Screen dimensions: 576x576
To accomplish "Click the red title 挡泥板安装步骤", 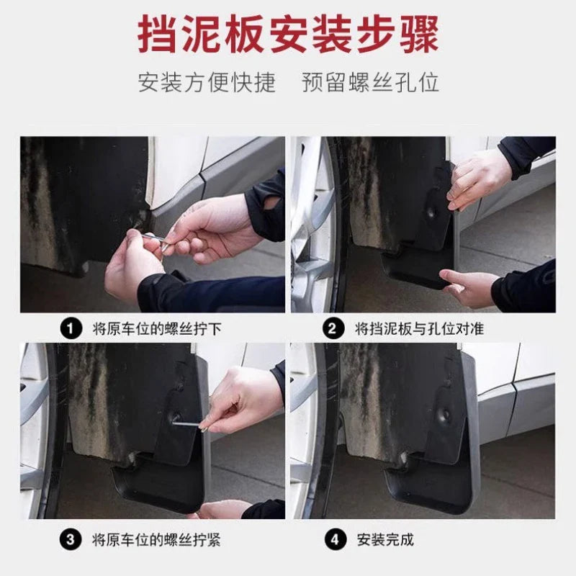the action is pos(288,35).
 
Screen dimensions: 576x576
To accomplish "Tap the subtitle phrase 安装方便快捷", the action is pos(207,82).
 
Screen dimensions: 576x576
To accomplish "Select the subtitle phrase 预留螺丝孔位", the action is pos(370,82).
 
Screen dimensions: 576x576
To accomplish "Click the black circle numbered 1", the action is pos(71,328).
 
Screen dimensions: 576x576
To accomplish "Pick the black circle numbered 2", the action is pos(333,328).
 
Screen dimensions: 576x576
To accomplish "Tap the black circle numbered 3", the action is pos(71,539).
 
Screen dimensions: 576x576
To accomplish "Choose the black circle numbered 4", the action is pos(335,539).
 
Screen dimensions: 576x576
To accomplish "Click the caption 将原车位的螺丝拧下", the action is pos(157,329).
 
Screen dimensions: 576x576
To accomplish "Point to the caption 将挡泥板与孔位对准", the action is pos(419,329).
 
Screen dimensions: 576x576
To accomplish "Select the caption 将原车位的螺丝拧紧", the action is pos(156,540).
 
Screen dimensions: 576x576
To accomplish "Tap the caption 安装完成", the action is pos(385,540).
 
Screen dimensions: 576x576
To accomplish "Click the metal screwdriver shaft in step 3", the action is pos(186,424).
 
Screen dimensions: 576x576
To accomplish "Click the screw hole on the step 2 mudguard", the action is pos(431,212).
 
